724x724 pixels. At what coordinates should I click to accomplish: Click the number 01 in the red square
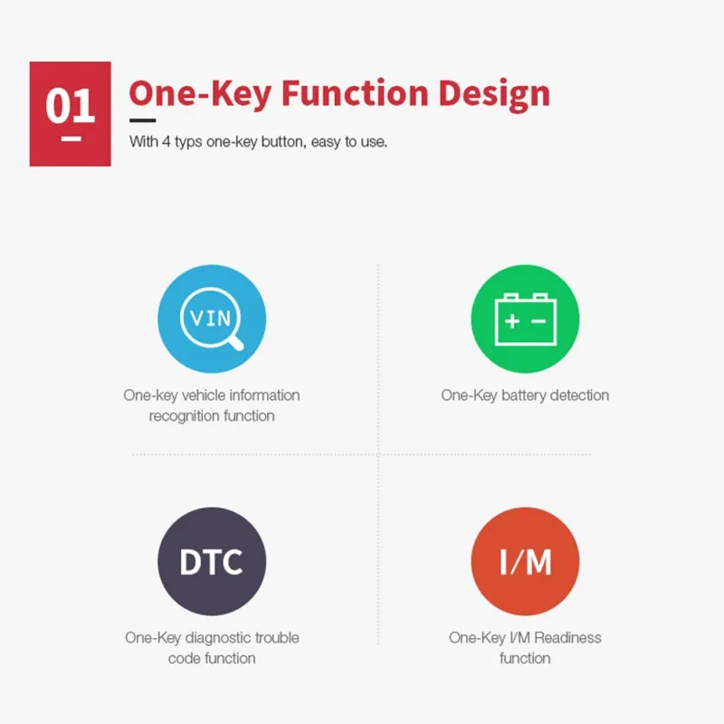pos(71,106)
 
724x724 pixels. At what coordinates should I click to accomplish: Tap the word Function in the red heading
pos(355,93)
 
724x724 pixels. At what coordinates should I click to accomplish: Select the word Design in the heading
pos(494,95)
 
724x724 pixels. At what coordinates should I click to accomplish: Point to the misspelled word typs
pos(188,142)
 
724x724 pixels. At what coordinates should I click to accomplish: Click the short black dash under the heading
pos(142,120)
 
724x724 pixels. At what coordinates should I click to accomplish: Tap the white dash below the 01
pos(71,138)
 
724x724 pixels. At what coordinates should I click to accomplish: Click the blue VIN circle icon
pos(212,319)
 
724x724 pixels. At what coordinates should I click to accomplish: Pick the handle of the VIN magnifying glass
pos(235,343)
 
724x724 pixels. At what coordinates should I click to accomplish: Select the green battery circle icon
pos(525,319)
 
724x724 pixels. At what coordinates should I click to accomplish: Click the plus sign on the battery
pos(512,321)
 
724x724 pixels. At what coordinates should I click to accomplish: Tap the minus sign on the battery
pos(538,321)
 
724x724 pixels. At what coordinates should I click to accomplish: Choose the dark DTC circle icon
pos(212,561)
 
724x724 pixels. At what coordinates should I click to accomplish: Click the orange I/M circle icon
pos(525,561)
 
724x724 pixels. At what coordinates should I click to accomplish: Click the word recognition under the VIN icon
pos(178,416)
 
